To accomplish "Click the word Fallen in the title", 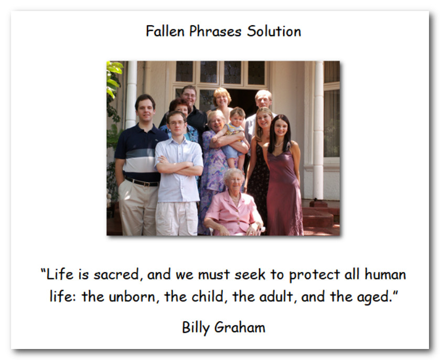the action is (x=165, y=31).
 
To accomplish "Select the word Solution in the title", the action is (x=274, y=31).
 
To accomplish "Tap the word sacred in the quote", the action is (x=116, y=275).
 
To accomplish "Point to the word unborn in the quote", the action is (x=132, y=297).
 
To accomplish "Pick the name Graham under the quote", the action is (x=240, y=327).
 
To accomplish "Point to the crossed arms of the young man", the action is (x=179, y=166).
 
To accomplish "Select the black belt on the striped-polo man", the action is (x=142, y=182).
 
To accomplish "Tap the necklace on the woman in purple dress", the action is (x=278, y=145).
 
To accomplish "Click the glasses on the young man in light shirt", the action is (x=177, y=123).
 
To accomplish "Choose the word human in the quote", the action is (x=385, y=274).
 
